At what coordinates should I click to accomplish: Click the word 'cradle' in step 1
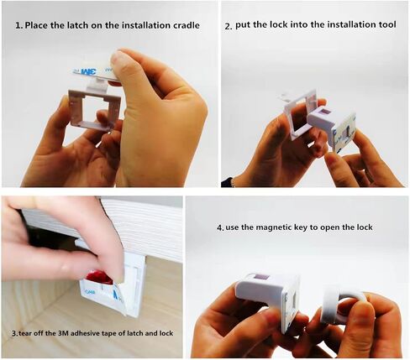click(185, 25)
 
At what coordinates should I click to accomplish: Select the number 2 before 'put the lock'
click(229, 27)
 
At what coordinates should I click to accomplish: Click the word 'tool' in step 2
click(387, 24)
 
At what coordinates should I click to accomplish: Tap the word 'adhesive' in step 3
click(81, 333)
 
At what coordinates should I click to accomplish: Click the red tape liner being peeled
click(99, 277)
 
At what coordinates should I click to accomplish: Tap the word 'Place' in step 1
click(37, 25)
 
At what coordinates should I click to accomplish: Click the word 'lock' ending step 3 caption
click(166, 333)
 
